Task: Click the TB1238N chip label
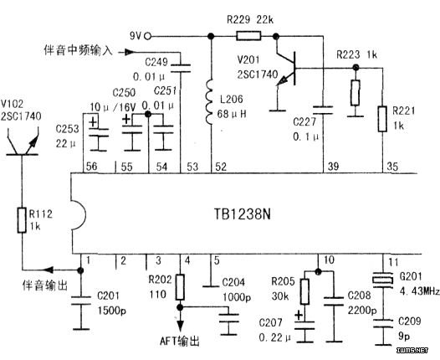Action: click(243, 214)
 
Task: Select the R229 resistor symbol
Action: click(248, 36)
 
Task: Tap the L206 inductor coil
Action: click(210, 102)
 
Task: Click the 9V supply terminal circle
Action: click(147, 36)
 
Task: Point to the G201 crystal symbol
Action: click(383, 280)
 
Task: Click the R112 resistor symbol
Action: click(22, 220)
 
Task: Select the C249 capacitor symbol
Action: click(181, 69)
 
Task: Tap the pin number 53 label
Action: click(192, 167)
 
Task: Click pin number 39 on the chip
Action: click(333, 167)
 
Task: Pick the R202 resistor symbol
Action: click(180, 287)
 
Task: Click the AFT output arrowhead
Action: click(180, 326)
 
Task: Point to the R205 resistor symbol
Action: click(305, 291)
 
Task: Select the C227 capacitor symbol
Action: click(323, 111)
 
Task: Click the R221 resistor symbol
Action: click(382, 119)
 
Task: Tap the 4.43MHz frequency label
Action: click(420, 291)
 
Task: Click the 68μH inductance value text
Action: click(232, 114)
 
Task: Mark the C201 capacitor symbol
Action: click(81, 300)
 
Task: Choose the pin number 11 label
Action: click(393, 262)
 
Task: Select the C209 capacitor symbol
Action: click(383, 323)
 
